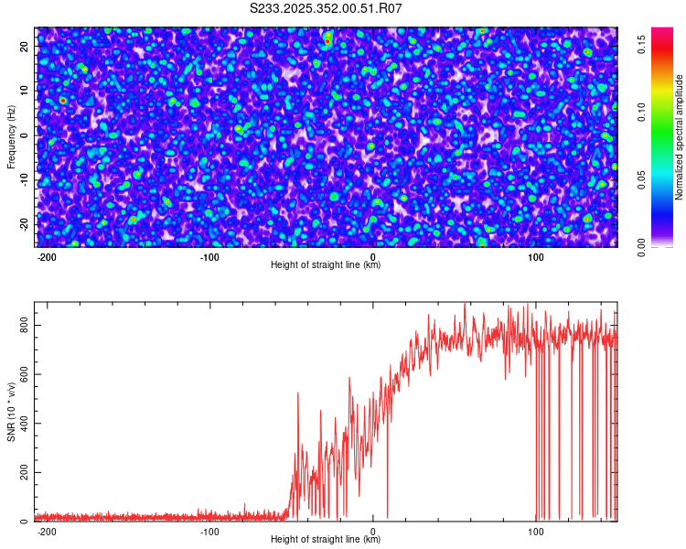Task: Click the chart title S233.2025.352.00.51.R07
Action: tap(326, 8)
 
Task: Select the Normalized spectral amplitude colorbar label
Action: tap(680, 137)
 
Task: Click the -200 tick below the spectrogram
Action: tap(47, 256)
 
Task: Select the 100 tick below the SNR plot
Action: tap(536, 531)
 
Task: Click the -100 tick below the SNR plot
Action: tap(209, 531)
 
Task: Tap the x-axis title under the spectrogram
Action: tap(326, 265)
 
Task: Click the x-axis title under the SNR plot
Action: tap(326, 540)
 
